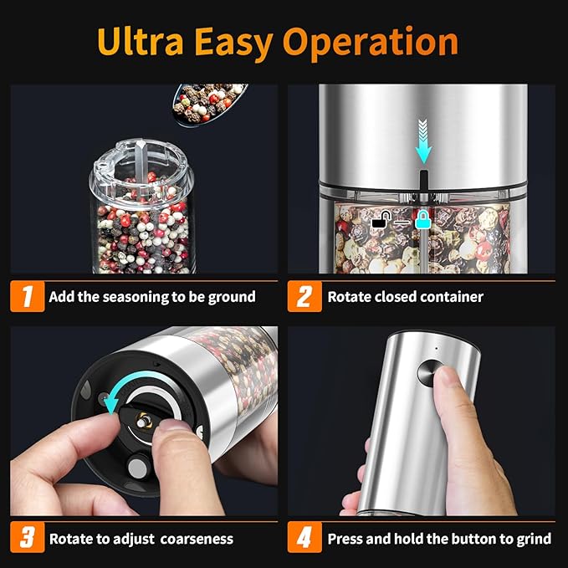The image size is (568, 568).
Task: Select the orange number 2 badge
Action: click(x=304, y=296)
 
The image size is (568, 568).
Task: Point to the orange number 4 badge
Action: click(x=304, y=538)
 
